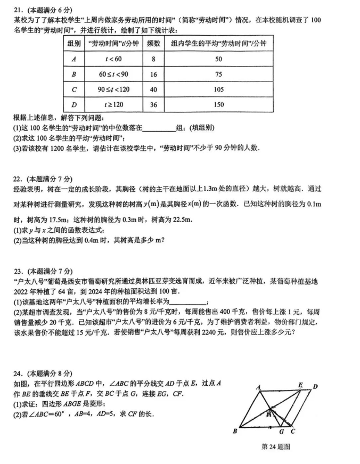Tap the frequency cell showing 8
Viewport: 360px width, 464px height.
click(x=153, y=59)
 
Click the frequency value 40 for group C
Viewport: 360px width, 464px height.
click(x=153, y=89)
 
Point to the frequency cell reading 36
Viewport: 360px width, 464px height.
click(x=153, y=105)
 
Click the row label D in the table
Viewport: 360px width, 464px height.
click(x=73, y=105)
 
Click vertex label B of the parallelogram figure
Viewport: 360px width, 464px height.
click(x=235, y=431)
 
